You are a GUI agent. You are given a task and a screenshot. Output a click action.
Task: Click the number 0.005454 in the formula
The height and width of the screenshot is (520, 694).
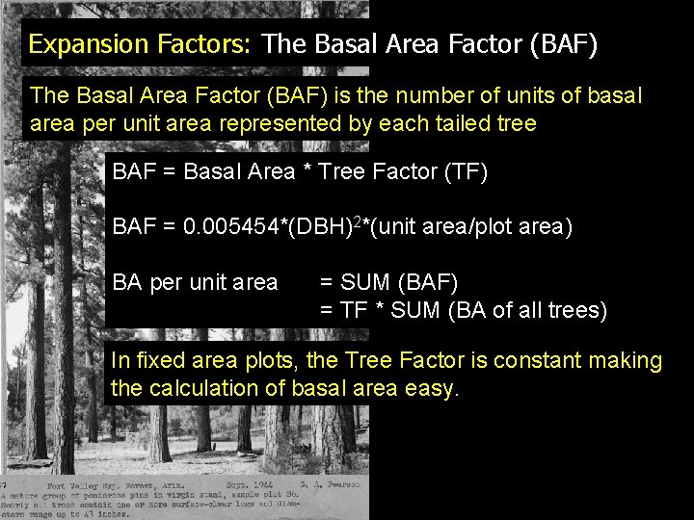coord(234,227)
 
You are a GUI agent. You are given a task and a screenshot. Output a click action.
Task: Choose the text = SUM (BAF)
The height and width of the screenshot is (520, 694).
coord(388,282)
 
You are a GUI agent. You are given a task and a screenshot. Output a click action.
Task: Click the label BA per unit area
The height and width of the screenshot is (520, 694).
coord(195,282)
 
